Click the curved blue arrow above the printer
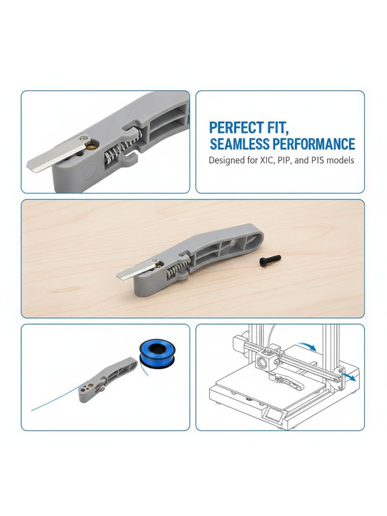[307, 346]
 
